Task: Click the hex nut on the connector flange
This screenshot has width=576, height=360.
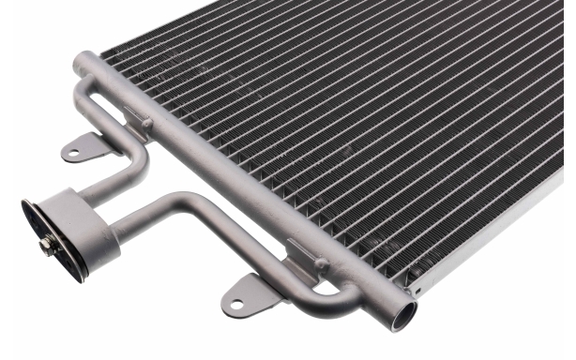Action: (x=46, y=246)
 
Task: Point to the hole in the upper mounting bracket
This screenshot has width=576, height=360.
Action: (x=73, y=150)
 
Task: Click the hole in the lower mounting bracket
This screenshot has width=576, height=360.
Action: (x=236, y=302)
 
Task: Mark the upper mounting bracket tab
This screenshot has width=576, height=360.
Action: (x=83, y=147)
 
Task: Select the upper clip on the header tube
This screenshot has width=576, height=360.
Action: (x=139, y=119)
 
